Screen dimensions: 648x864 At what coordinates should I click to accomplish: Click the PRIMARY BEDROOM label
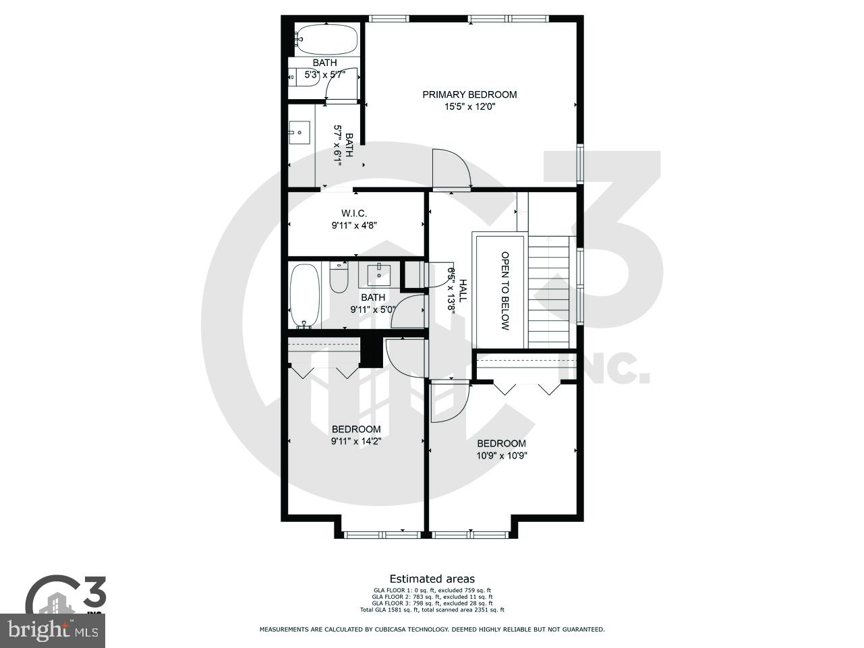click(x=469, y=94)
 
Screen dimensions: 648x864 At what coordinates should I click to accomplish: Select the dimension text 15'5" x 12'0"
click(x=469, y=107)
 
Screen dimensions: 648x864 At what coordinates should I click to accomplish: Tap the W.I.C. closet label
click(x=353, y=213)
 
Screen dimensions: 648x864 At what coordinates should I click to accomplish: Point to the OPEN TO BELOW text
click(x=505, y=291)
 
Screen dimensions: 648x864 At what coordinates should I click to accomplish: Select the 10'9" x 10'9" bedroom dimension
click(x=501, y=455)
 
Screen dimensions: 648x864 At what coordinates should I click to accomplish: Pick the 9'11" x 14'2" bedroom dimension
click(x=355, y=442)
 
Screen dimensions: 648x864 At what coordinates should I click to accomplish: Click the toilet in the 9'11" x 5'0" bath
click(x=338, y=277)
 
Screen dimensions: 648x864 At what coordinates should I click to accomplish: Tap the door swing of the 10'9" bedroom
click(x=442, y=402)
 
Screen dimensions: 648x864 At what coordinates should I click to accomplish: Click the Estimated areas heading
click(x=432, y=579)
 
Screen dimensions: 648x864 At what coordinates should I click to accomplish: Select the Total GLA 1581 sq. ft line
click(x=432, y=610)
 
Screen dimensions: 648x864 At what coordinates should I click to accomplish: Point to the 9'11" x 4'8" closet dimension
click(x=353, y=226)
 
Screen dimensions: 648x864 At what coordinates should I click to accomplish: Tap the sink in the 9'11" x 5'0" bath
click(x=379, y=274)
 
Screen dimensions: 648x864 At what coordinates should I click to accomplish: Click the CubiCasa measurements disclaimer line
click(x=432, y=629)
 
